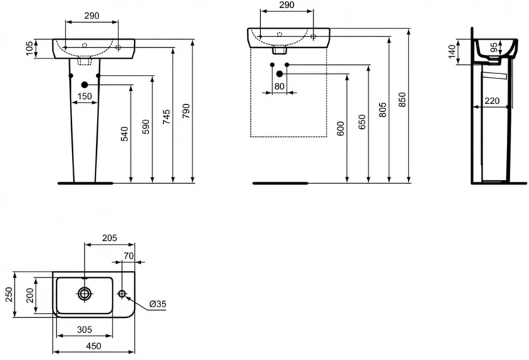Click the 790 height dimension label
tap(186, 110)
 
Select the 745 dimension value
tap(167, 117)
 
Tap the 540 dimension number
tap(125, 133)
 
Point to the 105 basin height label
tap(30, 48)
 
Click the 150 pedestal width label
tap(84, 96)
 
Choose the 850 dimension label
tap(402, 100)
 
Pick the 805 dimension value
tap(383, 110)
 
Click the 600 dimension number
tap(341, 128)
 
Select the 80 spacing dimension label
tap(279, 86)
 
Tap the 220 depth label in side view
tap(492, 101)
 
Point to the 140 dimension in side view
tap(452, 51)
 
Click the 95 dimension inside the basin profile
tap(493, 47)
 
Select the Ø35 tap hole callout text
tap(158, 304)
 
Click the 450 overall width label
tap(93, 346)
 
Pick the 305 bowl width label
tap(84, 329)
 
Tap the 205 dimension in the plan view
tap(110, 238)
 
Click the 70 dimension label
tap(128, 256)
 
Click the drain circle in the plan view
tap(84, 294)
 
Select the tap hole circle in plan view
tap(122, 294)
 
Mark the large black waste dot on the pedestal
tap(84, 85)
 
